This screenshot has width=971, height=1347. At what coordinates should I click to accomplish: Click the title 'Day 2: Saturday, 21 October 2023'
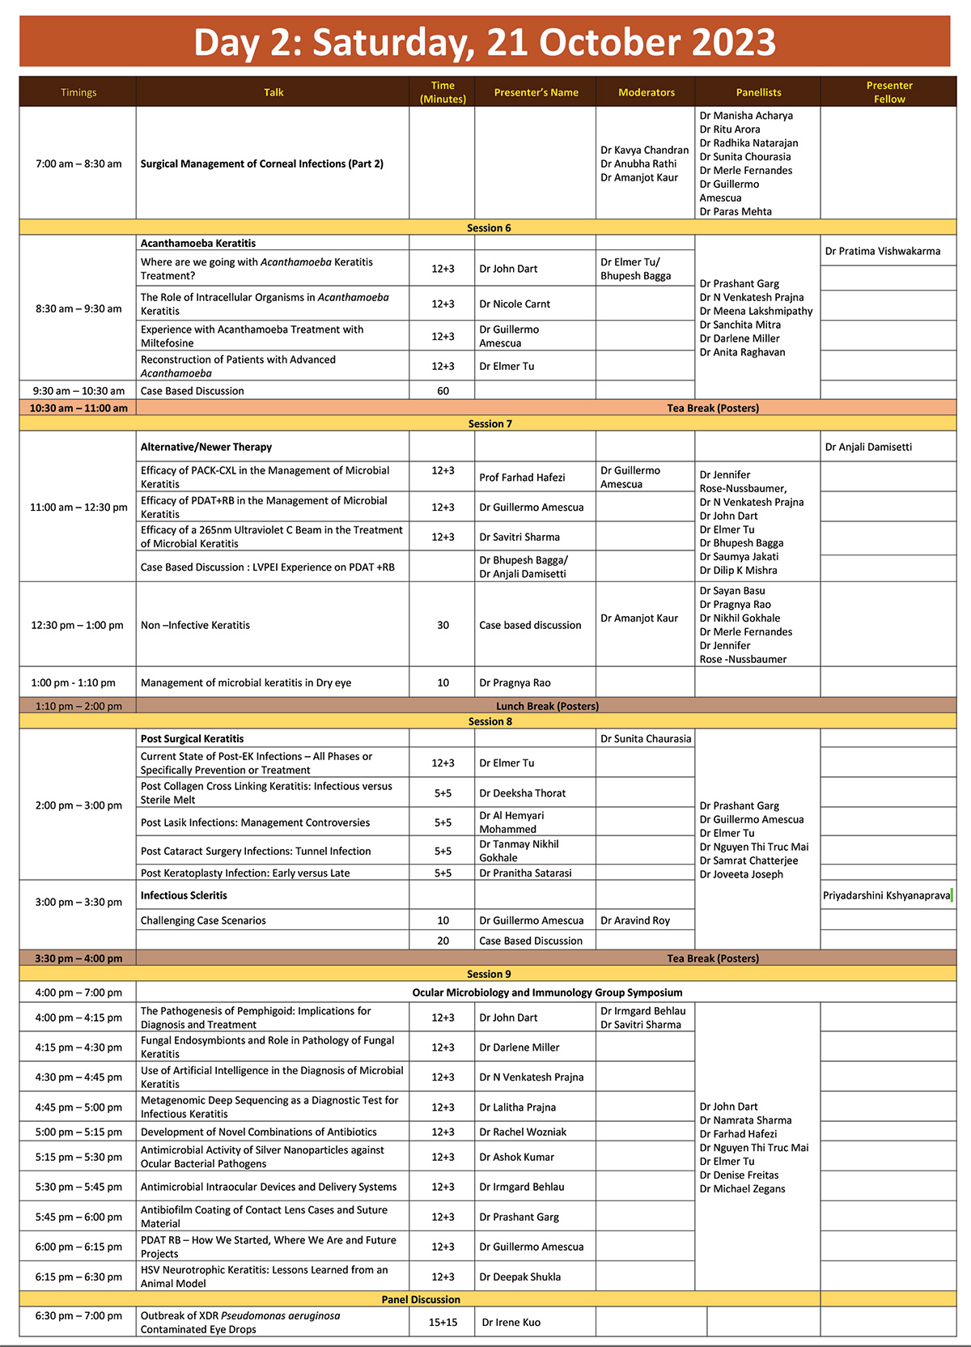pyautogui.click(x=485, y=42)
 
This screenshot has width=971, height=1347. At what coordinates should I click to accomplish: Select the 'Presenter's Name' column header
pyautogui.click(x=536, y=92)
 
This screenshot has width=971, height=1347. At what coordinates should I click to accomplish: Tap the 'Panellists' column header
pyautogui.click(x=758, y=92)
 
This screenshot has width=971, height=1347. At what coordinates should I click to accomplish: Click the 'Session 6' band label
pyautogui.click(x=489, y=227)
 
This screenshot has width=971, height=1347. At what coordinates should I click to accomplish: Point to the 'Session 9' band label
pyautogui.click(x=489, y=974)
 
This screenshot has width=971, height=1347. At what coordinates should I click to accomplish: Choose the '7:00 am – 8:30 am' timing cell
pyautogui.click(x=78, y=164)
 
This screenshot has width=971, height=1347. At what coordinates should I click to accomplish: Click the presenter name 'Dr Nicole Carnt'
pyautogui.click(x=515, y=304)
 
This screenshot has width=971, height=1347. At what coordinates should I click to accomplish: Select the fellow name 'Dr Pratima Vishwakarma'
pyautogui.click(x=882, y=251)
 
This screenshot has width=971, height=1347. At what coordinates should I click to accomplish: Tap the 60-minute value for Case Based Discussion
pyautogui.click(x=443, y=390)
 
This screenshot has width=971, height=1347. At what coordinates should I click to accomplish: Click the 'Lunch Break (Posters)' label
pyautogui.click(x=547, y=706)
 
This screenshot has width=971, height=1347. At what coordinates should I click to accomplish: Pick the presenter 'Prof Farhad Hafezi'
pyautogui.click(x=522, y=478)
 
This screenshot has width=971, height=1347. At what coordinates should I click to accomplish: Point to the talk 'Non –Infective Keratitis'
pyautogui.click(x=195, y=625)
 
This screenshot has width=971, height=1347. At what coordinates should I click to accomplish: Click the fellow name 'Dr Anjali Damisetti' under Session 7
pyautogui.click(x=868, y=447)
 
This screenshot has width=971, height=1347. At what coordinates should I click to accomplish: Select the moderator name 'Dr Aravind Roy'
pyautogui.click(x=635, y=920)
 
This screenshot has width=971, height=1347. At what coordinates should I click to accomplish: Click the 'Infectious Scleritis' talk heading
pyautogui.click(x=184, y=895)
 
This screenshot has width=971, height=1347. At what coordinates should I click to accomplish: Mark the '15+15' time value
pyautogui.click(x=443, y=1322)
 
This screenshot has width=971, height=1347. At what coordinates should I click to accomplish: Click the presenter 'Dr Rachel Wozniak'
pyautogui.click(x=523, y=1132)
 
